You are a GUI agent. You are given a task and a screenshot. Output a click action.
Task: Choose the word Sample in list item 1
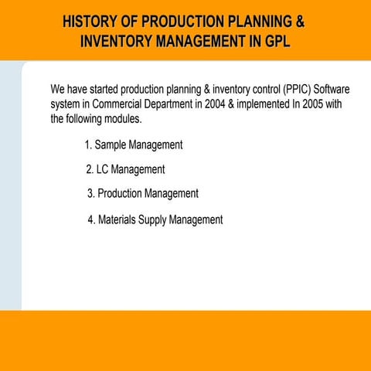[111, 145]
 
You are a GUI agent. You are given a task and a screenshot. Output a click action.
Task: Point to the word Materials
[117, 220]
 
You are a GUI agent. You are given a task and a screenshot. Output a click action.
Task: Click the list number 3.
[90, 193]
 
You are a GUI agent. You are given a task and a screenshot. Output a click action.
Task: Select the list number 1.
[87, 145]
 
